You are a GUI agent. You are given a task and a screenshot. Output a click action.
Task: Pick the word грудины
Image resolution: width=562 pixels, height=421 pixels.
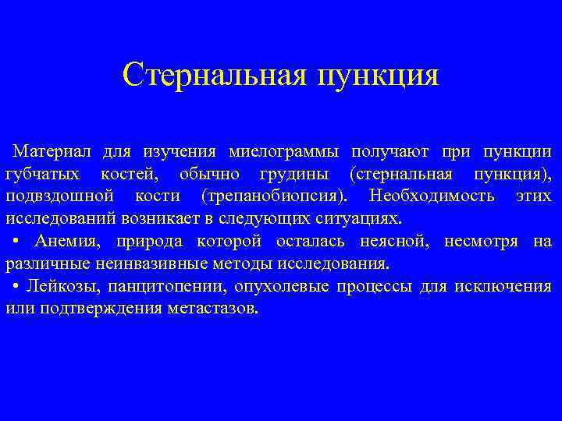(297, 172)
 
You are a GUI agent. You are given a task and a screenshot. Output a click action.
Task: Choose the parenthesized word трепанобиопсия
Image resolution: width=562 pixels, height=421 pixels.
(274, 195)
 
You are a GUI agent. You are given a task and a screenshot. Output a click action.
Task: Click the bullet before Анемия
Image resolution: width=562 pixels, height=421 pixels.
(17, 240)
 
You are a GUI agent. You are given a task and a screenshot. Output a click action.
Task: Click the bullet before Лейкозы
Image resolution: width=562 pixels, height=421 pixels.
(17, 285)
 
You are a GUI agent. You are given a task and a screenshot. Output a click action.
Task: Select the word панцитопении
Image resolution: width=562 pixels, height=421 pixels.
(159, 286)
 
